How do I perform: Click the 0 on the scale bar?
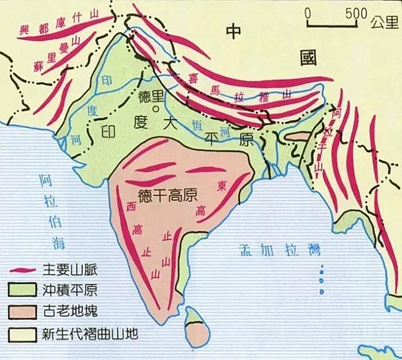[307, 13]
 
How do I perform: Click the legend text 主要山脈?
[68, 270]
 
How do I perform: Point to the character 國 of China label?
[309, 57]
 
